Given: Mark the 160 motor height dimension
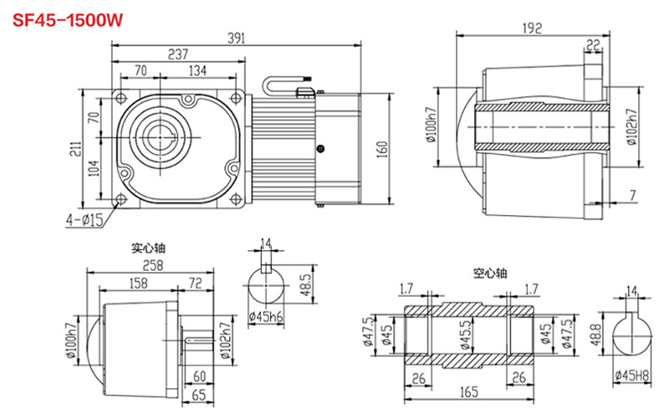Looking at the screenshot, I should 382,149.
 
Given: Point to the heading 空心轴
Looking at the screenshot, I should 490,273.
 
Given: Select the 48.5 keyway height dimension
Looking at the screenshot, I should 306,287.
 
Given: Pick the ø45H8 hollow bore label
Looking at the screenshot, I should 631,375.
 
